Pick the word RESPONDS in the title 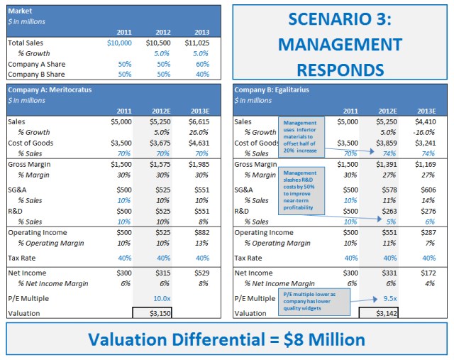pos(340,70)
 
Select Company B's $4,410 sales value pos(425,121)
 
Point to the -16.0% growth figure pos(423,132)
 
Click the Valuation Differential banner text pos(226,339)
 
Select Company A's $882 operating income pos(202,232)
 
